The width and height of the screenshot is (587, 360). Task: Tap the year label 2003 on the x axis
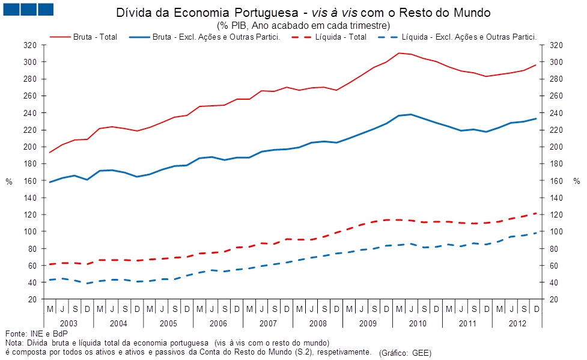[x=68, y=323]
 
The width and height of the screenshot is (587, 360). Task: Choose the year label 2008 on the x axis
[x=317, y=323]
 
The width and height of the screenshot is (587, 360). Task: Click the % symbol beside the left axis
[x=9, y=182]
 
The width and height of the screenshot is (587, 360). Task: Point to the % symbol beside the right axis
[x=577, y=182]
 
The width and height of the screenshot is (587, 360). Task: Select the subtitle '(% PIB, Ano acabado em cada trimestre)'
[x=303, y=25]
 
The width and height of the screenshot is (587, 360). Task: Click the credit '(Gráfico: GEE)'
[x=406, y=353]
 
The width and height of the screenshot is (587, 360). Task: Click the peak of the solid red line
[x=399, y=53]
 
